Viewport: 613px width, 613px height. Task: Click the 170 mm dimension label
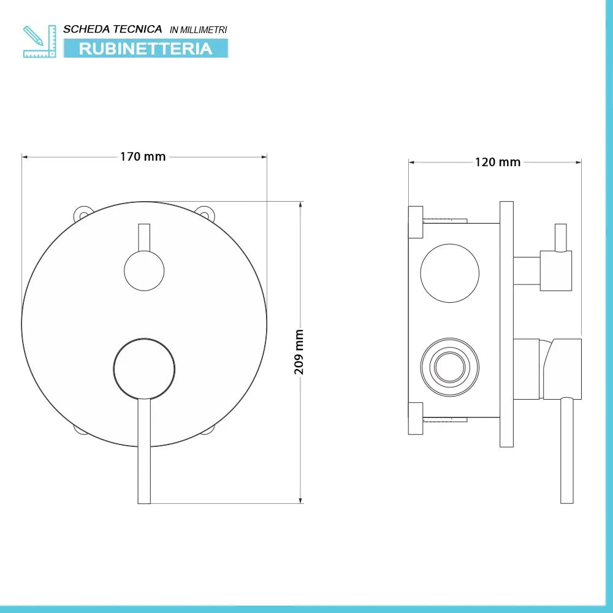(142, 156)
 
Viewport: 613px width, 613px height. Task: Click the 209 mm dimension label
(300, 352)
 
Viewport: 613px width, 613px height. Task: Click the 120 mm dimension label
(497, 162)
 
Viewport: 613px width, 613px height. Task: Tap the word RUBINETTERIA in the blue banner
(146, 48)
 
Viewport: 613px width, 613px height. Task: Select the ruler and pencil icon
(39, 41)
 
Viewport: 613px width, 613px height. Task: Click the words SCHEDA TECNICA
(113, 29)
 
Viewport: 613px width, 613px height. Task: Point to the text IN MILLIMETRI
(198, 29)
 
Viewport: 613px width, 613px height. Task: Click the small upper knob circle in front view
(144, 270)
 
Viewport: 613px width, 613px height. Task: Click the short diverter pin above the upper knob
(144, 237)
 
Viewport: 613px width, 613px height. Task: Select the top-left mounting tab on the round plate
(83, 213)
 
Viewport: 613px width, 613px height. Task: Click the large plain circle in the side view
(450, 273)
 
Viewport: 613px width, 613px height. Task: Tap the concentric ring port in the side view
(450, 367)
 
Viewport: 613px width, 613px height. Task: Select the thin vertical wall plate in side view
(506, 324)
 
